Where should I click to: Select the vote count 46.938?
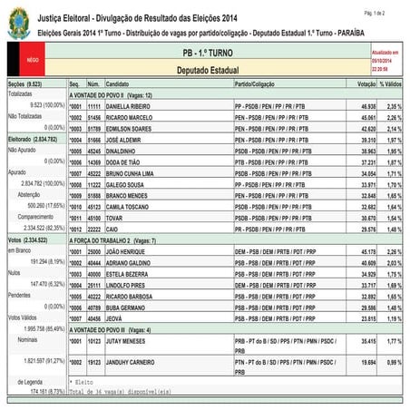(x=360, y=106)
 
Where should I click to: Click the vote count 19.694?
(x=360, y=362)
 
